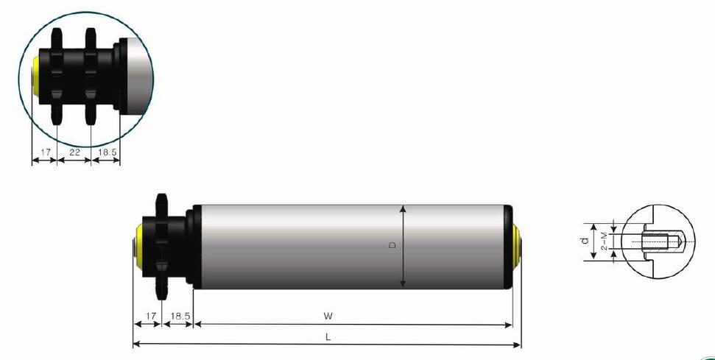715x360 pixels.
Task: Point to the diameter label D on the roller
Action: pyautogui.click(x=393, y=245)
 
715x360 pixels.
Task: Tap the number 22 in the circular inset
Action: pyautogui.click(x=74, y=152)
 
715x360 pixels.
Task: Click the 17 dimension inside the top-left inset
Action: pyautogui.click(x=44, y=152)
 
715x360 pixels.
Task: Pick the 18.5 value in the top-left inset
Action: pyautogui.click(x=106, y=152)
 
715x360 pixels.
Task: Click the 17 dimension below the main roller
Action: pyautogui.click(x=150, y=316)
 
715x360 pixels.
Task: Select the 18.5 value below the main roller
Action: pyautogui.click(x=180, y=316)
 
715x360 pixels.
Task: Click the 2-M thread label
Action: pyautogui.click(x=604, y=241)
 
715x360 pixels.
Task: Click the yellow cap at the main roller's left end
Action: pyautogui.click(x=138, y=246)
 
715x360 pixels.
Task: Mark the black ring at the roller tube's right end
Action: pyautogui.click(x=507, y=245)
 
